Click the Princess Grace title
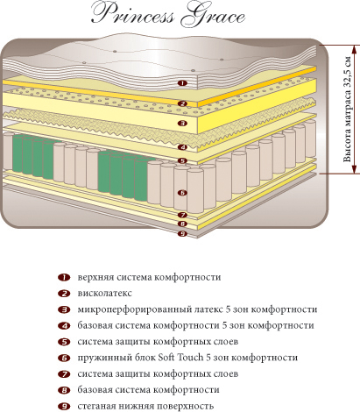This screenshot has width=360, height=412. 168,15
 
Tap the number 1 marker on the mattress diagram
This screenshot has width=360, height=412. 182,83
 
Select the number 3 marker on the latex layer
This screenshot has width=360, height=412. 182,123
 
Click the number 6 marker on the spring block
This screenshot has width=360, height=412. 182,193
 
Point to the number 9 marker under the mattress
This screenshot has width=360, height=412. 182,233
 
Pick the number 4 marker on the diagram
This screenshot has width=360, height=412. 183,147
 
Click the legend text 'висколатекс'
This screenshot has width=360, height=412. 105,293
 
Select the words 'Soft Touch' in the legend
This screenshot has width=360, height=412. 180,358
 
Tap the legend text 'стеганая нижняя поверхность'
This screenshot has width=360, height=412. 145,406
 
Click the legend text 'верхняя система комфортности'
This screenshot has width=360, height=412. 149,277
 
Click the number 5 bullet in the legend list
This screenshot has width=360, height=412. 64,342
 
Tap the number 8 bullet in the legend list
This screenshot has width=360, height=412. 64,390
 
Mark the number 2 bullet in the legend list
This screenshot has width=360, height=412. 64,294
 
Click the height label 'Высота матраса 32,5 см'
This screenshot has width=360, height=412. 347,109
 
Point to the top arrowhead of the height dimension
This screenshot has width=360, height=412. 354,49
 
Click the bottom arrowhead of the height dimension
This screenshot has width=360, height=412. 354,169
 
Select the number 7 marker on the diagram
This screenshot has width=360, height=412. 182,215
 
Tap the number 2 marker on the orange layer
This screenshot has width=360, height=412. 182,103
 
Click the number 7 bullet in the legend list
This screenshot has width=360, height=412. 64,373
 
